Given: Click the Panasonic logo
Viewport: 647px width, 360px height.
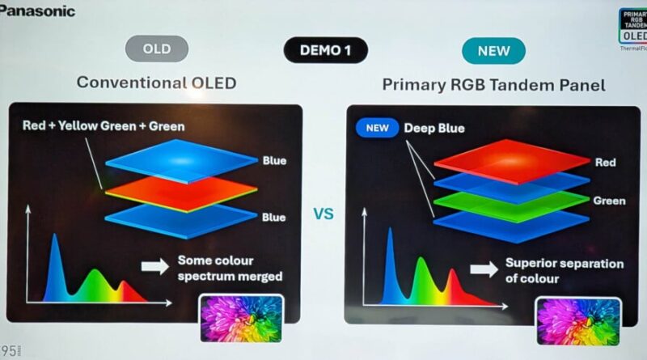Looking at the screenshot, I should [38, 11].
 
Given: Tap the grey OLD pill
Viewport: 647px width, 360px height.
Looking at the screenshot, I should [157, 49].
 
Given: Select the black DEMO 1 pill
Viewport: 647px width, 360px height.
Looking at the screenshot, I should [325, 50].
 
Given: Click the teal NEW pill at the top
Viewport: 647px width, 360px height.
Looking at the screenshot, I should [493, 50].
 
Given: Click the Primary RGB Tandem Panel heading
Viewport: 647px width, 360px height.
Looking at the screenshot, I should [493, 83].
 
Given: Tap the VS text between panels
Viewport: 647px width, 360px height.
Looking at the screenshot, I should [323, 214].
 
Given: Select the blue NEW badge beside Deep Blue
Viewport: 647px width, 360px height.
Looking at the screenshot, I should [377, 128].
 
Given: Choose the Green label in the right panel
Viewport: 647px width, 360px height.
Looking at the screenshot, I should [608, 201].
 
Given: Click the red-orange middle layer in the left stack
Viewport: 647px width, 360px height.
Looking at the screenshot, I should [180, 193].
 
